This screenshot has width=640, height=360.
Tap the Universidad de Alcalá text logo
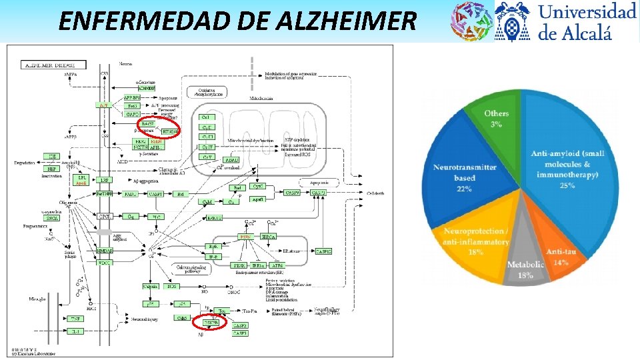(587, 21)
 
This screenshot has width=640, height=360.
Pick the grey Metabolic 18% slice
(525, 267)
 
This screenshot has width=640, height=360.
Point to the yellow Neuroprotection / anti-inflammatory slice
(475, 243)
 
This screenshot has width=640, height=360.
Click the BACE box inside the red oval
(147, 123)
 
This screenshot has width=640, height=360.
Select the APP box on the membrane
(103, 106)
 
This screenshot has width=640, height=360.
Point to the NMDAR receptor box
(104, 251)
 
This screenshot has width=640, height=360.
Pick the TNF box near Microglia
(75, 319)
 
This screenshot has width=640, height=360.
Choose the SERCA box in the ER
(269, 236)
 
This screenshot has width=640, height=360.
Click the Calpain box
(151, 286)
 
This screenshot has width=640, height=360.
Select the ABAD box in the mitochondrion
(232, 161)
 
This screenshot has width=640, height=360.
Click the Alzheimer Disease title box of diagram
(55, 65)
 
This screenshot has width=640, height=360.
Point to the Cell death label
(375, 193)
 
